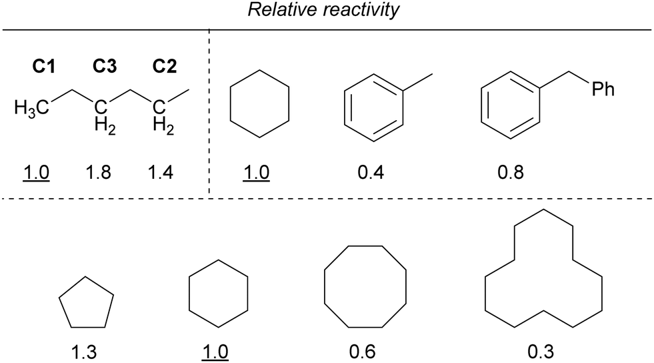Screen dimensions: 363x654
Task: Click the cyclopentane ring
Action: coord(85,303)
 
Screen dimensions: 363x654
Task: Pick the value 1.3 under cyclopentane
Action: coord(85,350)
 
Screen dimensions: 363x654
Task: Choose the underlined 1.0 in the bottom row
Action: coord(217,350)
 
